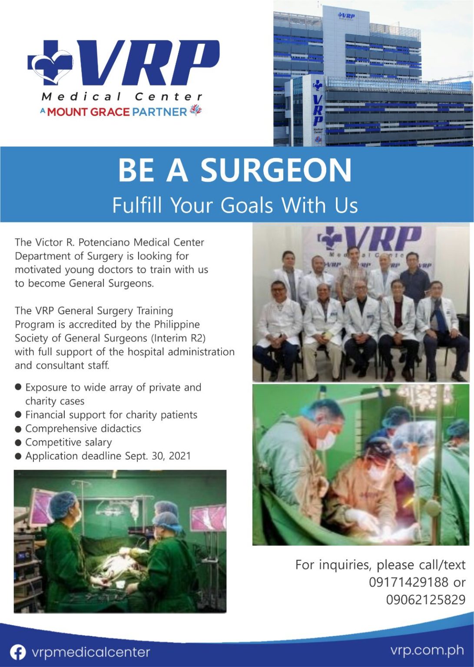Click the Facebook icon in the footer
[x=18, y=652]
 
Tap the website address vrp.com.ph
[x=427, y=650]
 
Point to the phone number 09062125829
[x=426, y=600]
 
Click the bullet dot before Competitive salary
[x=18, y=442]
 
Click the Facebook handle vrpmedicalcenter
[x=91, y=652]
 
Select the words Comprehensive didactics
[x=83, y=429]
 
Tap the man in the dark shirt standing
[x=414, y=278]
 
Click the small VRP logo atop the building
[x=346, y=16]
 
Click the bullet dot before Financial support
[x=18, y=415]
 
